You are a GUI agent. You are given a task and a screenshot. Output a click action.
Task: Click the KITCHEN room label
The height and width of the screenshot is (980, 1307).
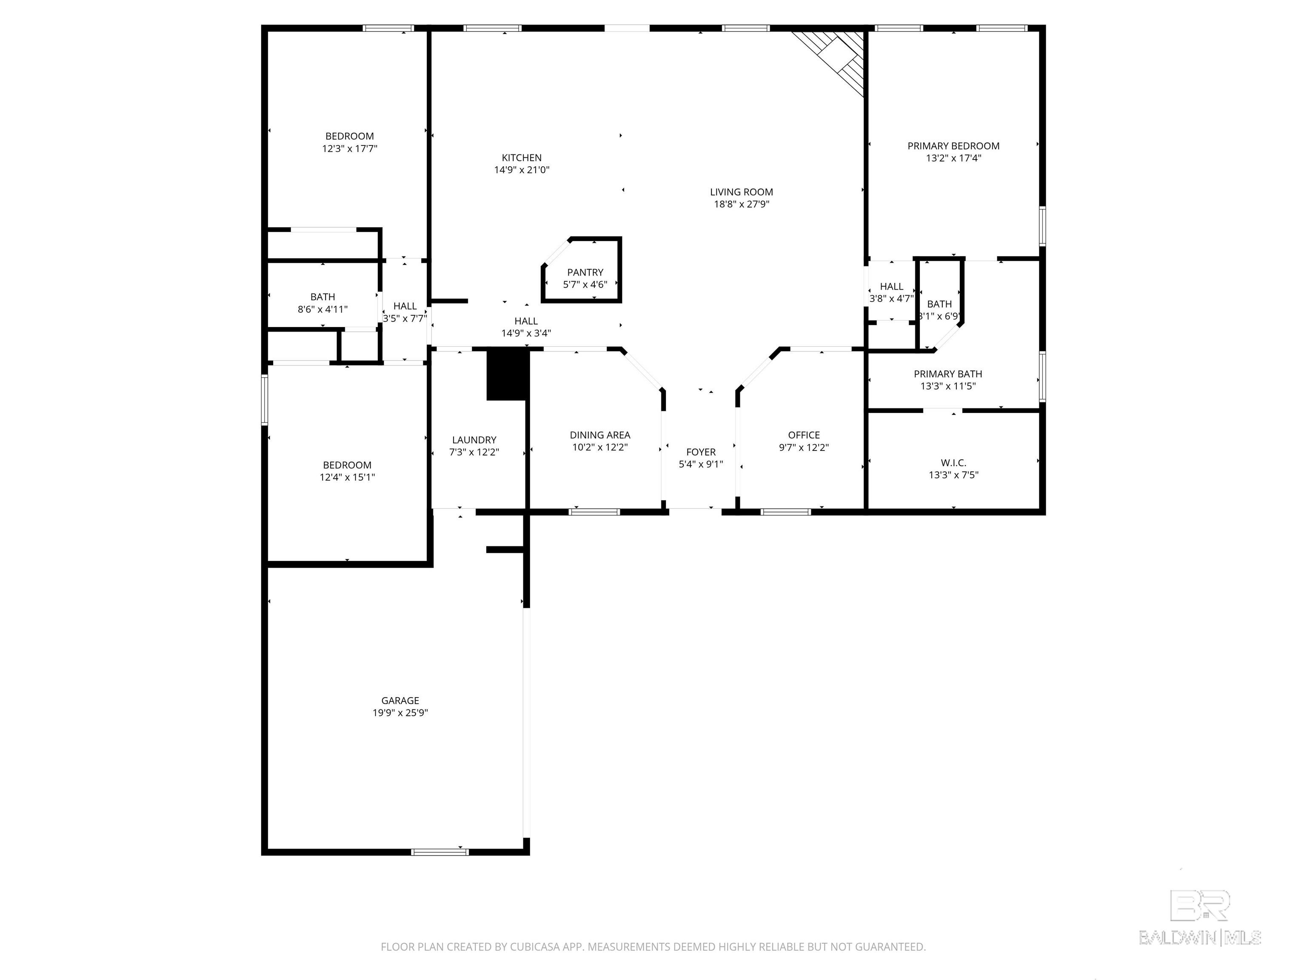(521, 158)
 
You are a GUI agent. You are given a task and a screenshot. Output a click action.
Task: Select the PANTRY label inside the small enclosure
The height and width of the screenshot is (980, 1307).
(585, 272)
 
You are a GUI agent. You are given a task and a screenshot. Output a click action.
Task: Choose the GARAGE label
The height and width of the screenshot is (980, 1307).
(400, 701)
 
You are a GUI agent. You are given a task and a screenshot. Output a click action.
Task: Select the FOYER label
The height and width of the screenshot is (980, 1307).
(701, 452)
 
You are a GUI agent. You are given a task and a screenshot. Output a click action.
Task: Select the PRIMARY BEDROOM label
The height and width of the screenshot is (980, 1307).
(953, 146)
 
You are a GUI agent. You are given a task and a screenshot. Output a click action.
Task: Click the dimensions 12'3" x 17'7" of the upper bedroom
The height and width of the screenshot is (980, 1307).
(349, 149)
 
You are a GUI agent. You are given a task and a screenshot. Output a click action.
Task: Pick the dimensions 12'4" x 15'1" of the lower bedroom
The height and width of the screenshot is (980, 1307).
(347, 477)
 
